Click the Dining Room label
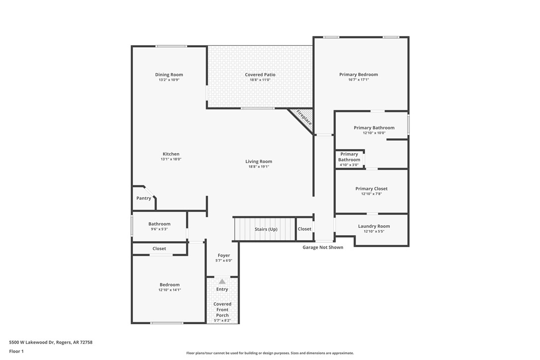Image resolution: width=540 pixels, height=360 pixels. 169,75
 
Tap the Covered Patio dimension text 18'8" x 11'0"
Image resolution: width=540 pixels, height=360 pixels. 260,80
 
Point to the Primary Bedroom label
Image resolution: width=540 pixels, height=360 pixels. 359,75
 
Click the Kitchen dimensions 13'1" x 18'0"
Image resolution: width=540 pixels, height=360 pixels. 171,159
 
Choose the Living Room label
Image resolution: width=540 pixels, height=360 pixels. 259,161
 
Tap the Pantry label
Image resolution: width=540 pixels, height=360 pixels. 144,198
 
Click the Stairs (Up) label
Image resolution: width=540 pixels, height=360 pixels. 266,229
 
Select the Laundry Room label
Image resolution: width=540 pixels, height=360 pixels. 374,226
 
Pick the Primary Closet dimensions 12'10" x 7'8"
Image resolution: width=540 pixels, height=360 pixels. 371,194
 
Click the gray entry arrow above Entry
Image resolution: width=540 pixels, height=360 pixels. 222,281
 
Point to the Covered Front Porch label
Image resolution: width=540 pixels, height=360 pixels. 222,309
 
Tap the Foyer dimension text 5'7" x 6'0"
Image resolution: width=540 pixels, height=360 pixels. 224,261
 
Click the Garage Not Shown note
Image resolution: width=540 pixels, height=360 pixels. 323,247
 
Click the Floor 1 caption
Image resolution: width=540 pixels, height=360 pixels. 16,351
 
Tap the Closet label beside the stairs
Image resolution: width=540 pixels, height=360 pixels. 304,229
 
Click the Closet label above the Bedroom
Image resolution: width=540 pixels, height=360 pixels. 159,249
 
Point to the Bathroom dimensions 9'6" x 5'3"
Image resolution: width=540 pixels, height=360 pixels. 159,229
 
